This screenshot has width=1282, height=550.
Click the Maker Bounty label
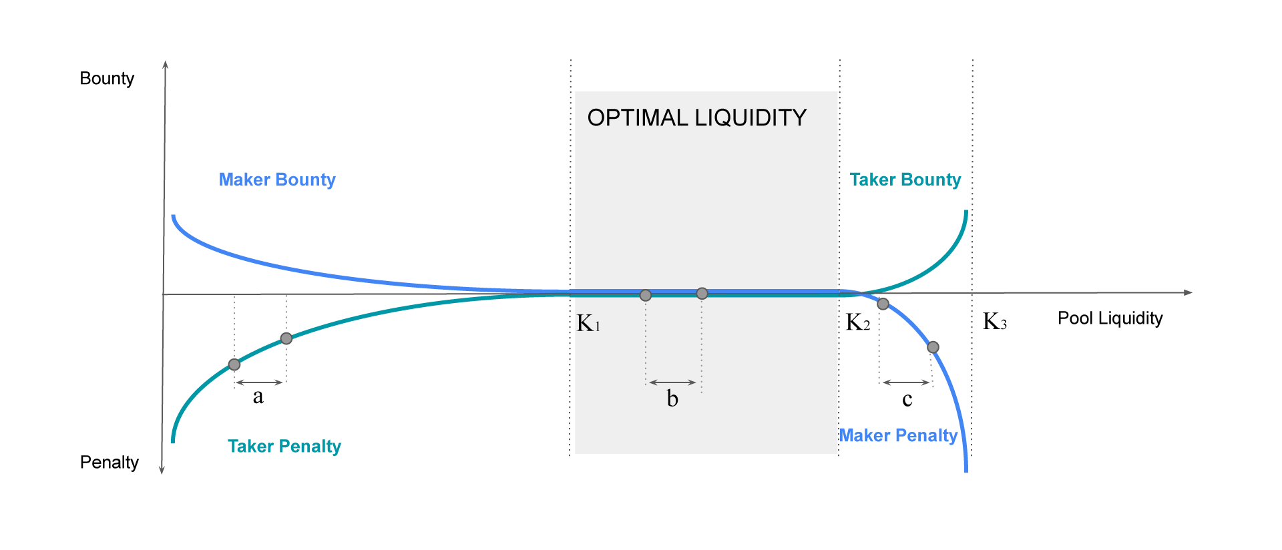pos(277,180)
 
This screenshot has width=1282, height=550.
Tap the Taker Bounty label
pos(905,180)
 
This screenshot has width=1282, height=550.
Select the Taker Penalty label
pos(284,446)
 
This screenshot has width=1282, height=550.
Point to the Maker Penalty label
pos(898,436)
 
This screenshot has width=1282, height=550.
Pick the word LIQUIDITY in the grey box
pos(751,118)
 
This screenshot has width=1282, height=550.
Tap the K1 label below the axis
pos(588,324)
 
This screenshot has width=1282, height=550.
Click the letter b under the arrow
pos(672,399)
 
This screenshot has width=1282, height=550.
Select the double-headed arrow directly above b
pos(672,382)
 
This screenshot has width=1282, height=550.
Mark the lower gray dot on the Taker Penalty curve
pos(234,364)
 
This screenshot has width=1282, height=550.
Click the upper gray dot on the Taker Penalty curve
pos(286,338)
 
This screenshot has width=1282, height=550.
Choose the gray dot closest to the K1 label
pos(646,295)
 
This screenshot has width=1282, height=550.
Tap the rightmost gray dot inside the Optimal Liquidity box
pos(702,294)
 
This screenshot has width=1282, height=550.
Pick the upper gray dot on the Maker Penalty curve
pos(883,304)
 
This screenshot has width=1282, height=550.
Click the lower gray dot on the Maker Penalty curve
pos(933,347)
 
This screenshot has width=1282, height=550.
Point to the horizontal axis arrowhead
pos(1188,292)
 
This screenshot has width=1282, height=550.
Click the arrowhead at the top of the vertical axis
pos(165,65)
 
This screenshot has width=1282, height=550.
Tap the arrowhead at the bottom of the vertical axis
pos(162,470)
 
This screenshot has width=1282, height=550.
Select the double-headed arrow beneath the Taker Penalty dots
pos(260,382)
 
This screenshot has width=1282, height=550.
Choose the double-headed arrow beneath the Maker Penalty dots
pos(907,382)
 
